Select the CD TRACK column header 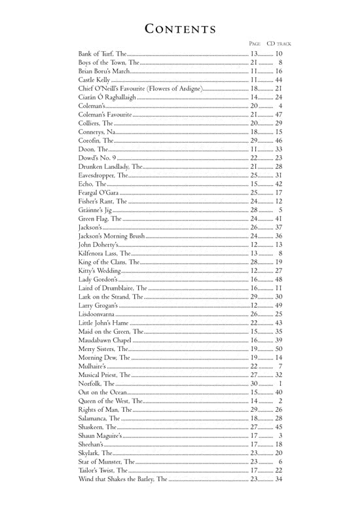pyautogui.click(x=279, y=44)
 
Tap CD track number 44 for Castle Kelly pyautogui.click(x=278, y=80)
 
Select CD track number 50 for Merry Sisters pyautogui.click(x=278, y=349)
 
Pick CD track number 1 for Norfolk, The pyautogui.click(x=280, y=384)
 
